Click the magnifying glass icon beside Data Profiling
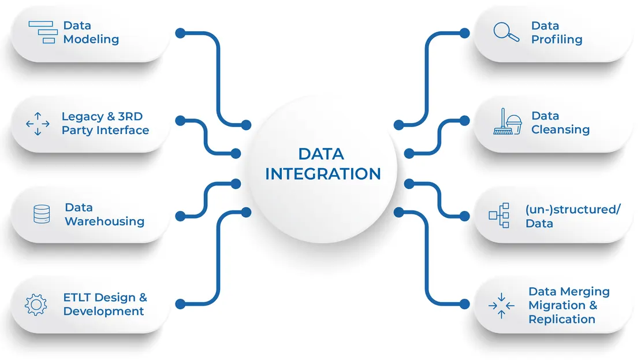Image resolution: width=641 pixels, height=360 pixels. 506,32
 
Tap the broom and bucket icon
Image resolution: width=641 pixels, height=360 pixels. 508,121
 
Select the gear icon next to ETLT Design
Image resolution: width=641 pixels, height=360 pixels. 36,305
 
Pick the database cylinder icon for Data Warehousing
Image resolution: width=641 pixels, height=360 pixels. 42,214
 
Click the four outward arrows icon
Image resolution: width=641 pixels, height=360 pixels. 38,124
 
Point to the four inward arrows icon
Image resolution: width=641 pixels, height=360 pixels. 501,306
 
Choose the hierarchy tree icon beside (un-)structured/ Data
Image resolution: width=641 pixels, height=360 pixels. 499,215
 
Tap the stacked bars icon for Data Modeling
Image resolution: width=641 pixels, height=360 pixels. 43,32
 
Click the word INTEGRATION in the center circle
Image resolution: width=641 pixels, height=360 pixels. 323,174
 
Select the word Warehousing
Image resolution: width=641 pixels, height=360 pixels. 105,221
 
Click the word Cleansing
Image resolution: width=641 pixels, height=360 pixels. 561,129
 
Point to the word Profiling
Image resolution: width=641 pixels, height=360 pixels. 557,40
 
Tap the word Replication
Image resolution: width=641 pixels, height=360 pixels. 562,319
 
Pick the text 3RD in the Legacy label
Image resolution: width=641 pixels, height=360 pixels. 131,116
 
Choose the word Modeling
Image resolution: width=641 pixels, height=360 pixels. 91,39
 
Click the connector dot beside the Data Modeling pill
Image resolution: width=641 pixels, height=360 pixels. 180,33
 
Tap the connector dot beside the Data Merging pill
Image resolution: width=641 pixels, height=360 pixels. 464,304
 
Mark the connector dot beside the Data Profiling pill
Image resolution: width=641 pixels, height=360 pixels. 464,33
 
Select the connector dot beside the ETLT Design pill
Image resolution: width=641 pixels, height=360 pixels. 180,304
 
